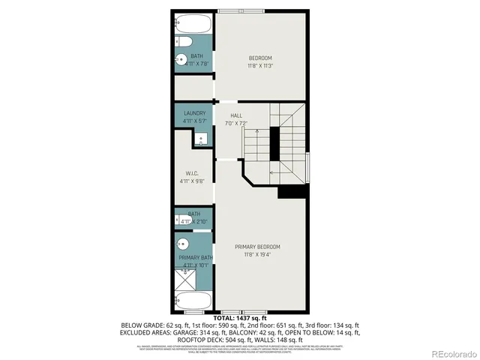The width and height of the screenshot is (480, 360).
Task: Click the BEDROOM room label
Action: click(260, 58)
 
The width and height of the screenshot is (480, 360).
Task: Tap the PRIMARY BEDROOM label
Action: click(257, 247)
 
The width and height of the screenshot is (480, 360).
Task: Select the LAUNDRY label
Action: click(194, 113)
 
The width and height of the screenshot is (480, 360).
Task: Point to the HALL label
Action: click(235, 115)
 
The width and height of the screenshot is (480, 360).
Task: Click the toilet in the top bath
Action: click(183, 41)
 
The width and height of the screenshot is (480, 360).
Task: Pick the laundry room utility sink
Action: click(201, 139)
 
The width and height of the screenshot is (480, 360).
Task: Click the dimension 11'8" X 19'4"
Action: click(257, 255)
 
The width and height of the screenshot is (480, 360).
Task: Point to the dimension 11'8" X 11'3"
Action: click(260, 66)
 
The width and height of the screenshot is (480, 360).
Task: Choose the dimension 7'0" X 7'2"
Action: click(235, 123)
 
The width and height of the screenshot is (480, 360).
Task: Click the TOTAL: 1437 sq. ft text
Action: click(240, 319)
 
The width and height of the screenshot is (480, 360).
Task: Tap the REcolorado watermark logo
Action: click(448, 353)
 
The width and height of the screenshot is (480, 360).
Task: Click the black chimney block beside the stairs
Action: click(274, 140)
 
